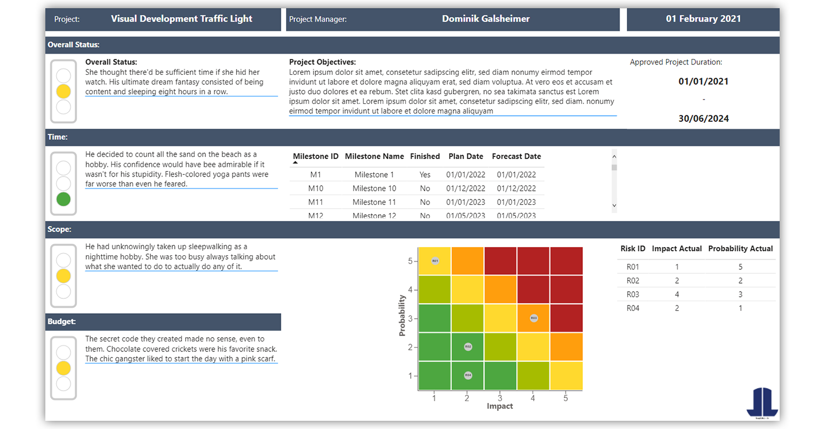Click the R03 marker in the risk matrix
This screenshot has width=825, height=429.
[x=534, y=318]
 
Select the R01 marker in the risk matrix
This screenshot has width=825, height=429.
[x=435, y=261]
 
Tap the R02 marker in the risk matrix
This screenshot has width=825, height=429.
[x=468, y=346]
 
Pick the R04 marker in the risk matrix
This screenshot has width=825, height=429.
[x=468, y=375]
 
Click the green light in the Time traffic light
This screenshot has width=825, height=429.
[x=64, y=199]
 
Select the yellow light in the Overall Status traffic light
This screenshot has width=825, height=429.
[x=64, y=91]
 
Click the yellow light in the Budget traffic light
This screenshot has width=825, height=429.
[x=64, y=368]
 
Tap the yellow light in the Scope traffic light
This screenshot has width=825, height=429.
[x=64, y=275]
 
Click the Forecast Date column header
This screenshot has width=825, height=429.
[x=516, y=156]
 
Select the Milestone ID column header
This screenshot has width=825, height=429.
[x=316, y=156]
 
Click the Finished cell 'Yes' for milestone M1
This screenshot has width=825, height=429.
[x=425, y=175]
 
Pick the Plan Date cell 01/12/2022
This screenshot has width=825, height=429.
[x=465, y=189]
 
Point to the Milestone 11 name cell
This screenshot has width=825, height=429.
[x=374, y=202]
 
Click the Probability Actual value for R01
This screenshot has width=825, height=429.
[x=740, y=267]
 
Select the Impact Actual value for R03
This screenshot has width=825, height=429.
[x=676, y=295]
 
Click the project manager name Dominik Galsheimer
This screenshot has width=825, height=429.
[x=486, y=19]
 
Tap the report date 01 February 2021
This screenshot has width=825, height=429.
[x=703, y=19]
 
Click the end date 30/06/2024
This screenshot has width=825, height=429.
[x=703, y=119]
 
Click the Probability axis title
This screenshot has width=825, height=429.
[x=402, y=315]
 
